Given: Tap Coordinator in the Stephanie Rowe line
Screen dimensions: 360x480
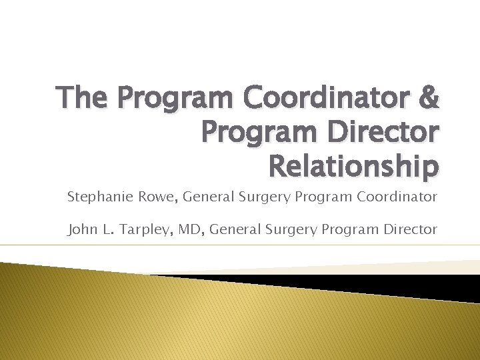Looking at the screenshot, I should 400,197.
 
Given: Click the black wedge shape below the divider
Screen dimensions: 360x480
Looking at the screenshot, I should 373,284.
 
